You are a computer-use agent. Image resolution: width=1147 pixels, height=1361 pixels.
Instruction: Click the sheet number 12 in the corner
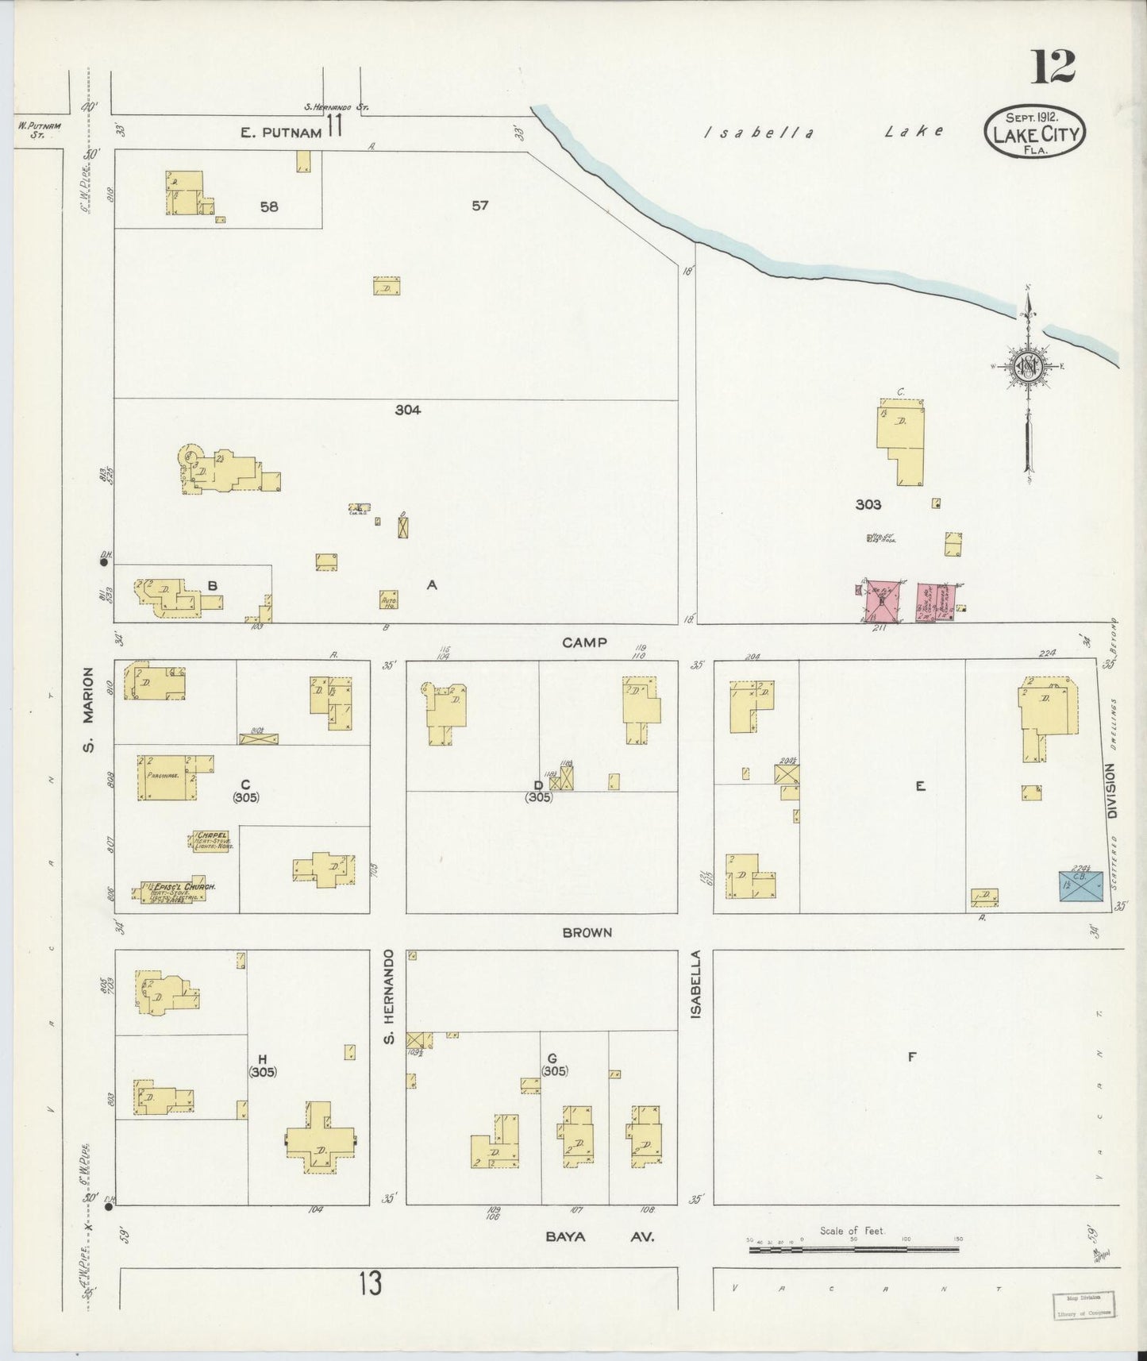pos(1053,66)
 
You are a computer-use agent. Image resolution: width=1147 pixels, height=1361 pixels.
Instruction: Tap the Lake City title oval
pos(1035,132)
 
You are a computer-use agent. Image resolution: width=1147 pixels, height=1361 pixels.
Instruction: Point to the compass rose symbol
pos(1028,366)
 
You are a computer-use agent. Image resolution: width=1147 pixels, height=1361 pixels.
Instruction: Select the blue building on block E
pos(1081,885)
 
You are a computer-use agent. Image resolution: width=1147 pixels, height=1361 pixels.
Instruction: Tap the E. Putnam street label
pos(282,133)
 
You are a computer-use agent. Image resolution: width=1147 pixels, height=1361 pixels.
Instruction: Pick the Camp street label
pos(584,642)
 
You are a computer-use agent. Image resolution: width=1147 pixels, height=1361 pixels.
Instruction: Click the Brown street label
pos(587,932)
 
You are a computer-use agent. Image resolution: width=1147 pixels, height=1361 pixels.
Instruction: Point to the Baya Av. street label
pos(600,1236)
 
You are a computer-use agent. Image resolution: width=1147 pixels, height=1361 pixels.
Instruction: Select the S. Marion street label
pos(90,709)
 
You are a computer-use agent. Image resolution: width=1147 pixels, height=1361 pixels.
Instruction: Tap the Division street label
pos(1111,792)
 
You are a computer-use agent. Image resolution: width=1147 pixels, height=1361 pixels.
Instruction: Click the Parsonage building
pos(166,777)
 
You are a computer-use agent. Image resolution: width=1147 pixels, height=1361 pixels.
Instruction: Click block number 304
pos(408,410)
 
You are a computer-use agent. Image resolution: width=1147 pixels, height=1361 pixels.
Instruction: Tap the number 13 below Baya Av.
pos(370,1283)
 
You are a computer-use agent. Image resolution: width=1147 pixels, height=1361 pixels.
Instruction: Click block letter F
pos(912,1057)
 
